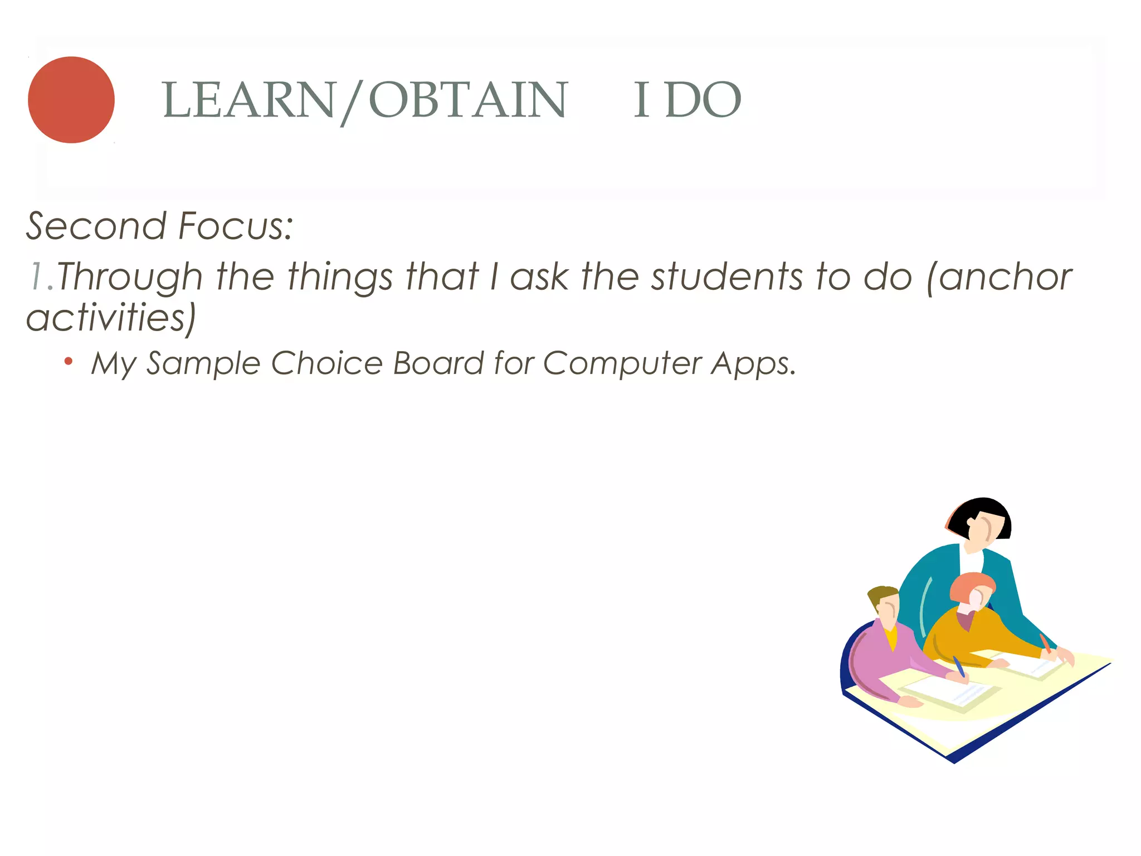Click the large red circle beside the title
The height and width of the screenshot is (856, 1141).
click(x=71, y=100)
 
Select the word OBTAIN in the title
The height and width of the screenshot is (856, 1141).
click(x=468, y=100)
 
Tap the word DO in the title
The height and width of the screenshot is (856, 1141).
click(x=703, y=100)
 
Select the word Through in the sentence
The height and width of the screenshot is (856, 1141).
click(x=129, y=278)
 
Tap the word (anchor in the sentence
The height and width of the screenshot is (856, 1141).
click(x=999, y=277)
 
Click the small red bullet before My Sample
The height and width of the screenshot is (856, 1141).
click(x=69, y=362)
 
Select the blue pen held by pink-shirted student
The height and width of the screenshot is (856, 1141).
click(x=958, y=666)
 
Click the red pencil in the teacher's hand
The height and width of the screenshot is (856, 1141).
click(x=1045, y=644)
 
